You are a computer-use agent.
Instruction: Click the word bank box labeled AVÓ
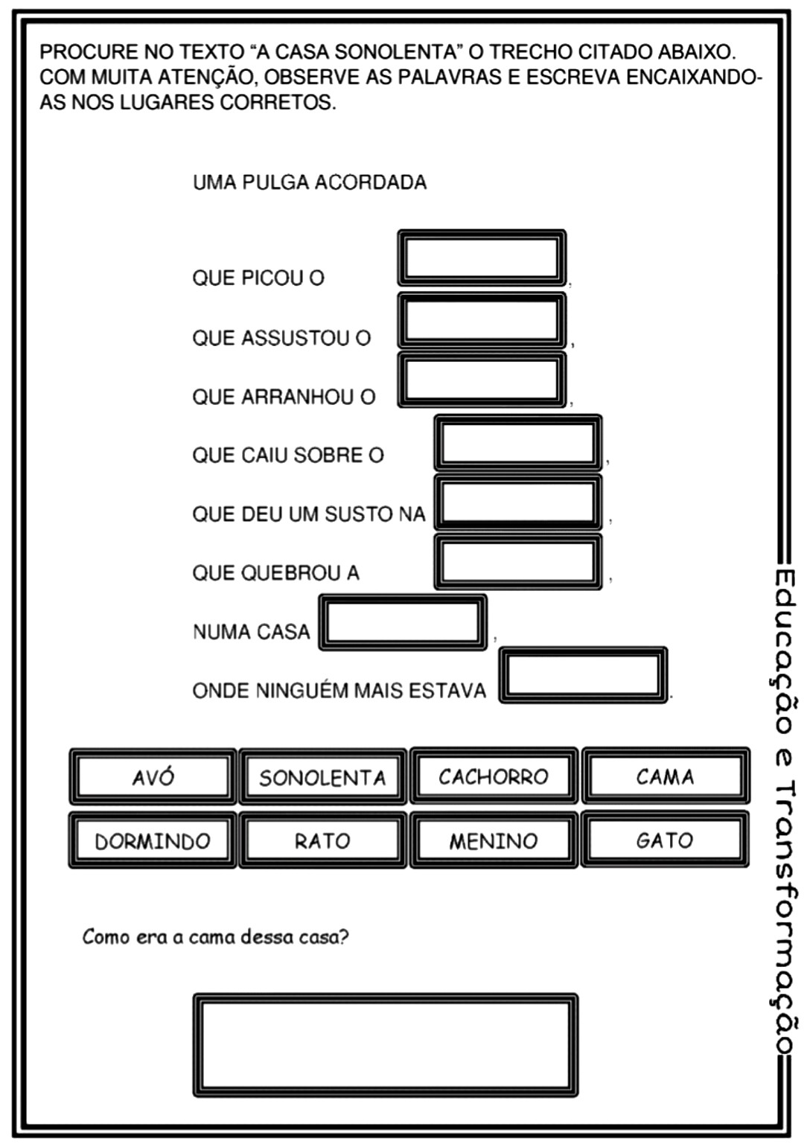click(153, 776)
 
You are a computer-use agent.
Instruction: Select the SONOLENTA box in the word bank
click(322, 777)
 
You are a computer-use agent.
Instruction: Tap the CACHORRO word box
click(494, 776)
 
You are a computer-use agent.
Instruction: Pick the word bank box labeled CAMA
click(665, 776)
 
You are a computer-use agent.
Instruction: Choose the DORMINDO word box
click(153, 840)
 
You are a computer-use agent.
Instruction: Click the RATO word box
click(322, 840)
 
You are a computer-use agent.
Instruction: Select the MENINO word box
click(494, 840)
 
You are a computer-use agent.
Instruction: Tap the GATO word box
click(665, 840)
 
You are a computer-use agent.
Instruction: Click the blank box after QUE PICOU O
click(482, 258)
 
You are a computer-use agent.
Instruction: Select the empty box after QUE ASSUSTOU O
click(482, 321)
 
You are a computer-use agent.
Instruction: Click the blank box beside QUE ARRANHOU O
click(482, 380)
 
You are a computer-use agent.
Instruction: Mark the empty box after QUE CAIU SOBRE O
click(517, 443)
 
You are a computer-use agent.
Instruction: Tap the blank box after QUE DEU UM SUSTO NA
click(517, 502)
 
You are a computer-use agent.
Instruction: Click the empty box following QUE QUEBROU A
click(517, 562)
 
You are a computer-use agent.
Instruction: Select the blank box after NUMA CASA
click(403, 622)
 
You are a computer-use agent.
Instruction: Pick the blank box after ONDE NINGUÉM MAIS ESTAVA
click(582, 675)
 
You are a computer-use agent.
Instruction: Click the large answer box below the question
click(385, 1044)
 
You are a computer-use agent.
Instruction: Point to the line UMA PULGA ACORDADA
click(310, 182)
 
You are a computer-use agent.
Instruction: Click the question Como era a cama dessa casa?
click(215, 936)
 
